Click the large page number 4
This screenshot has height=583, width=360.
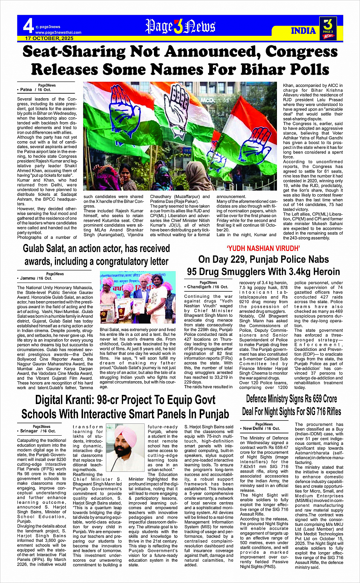pyautogui.click(x=28, y=26)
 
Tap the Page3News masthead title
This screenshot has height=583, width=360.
pyautogui.click(x=180, y=27)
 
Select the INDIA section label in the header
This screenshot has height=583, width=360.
pyautogui.click(x=304, y=31)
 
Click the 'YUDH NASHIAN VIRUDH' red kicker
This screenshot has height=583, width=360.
pyautogui.click(x=263, y=249)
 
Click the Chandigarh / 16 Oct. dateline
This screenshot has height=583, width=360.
pyautogui.click(x=208, y=287)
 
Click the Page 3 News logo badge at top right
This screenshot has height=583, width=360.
pyautogui.click(x=328, y=29)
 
